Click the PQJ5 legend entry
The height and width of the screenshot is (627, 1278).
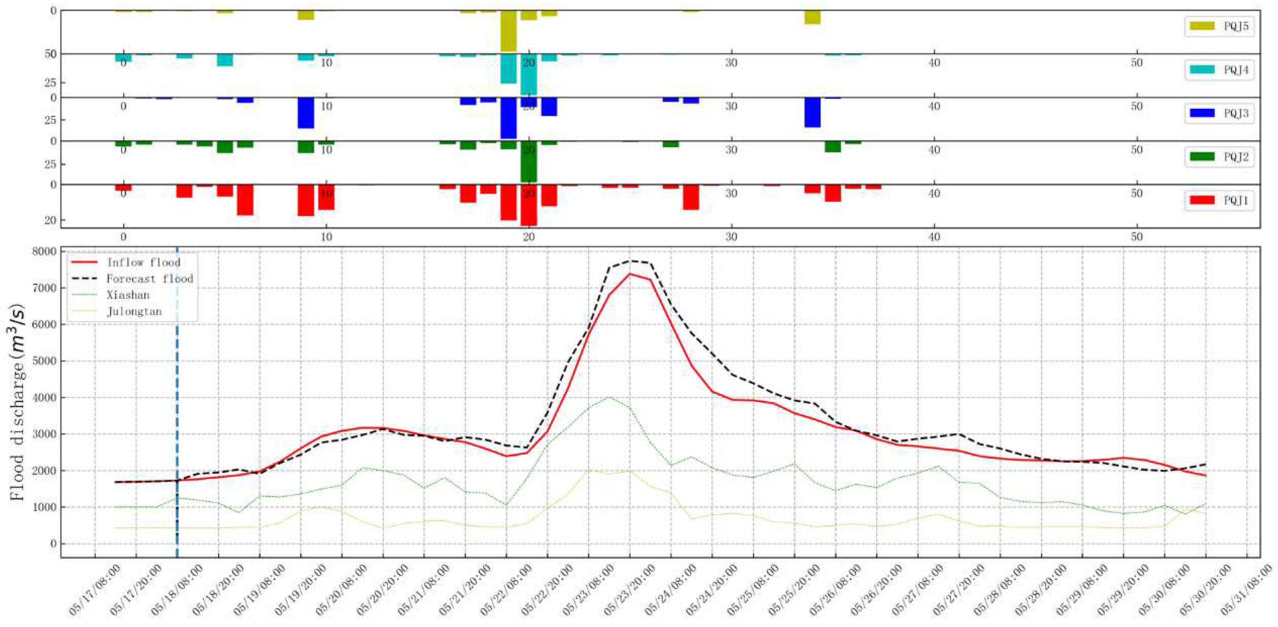[1219, 26]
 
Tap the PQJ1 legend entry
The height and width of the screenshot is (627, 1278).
[1219, 200]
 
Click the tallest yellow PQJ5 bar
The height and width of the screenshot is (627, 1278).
[508, 31]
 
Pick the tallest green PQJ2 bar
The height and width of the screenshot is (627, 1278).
[528, 162]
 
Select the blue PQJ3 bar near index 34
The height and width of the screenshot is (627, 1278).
[812, 113]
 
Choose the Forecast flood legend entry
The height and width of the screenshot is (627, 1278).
[132, 279]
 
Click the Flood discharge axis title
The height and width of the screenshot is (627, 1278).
[17, 402]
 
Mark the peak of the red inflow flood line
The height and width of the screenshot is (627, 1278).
[630, 274]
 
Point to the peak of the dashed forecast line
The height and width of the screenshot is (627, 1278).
[630, 261]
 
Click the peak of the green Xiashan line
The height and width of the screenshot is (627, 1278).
[609, 397]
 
